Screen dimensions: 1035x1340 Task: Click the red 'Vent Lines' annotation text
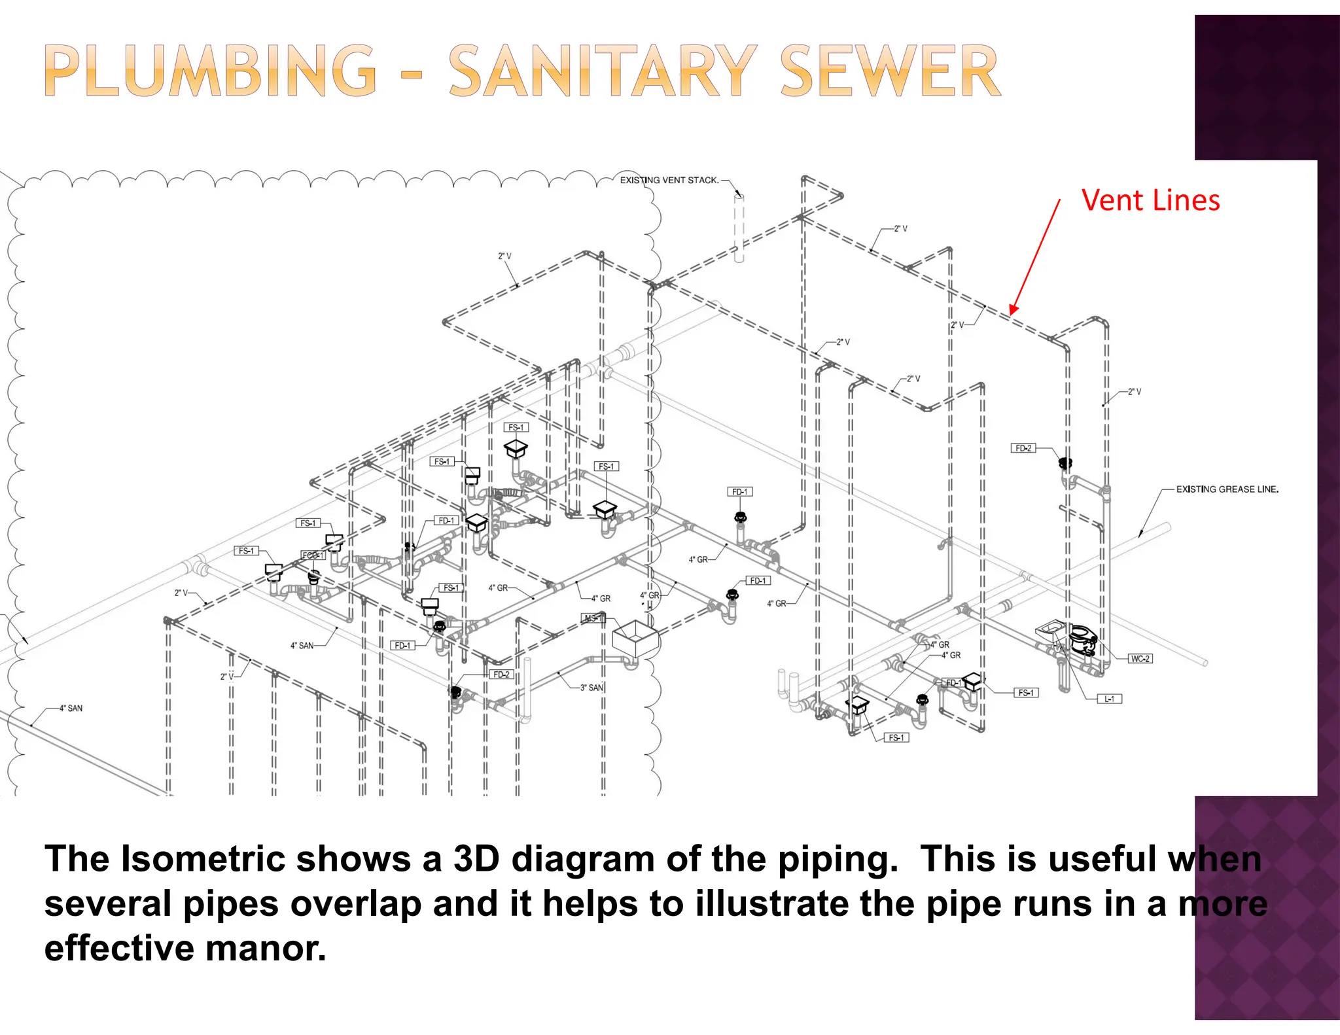click(1150, 200)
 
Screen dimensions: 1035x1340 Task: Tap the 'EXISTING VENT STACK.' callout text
click(669, 180)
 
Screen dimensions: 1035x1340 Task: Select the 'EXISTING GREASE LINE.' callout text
click(1227, 489)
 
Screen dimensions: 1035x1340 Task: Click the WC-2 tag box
click(1140, 658)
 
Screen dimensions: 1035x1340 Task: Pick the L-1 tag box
click(1109, 699)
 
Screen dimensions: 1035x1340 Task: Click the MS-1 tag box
click(593, 618)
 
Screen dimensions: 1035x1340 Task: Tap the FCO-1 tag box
click(313, 555)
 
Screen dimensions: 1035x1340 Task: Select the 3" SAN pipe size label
click(591, 688)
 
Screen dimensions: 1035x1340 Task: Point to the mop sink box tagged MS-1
click(634, 639)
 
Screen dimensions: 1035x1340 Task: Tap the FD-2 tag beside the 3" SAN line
click(501, 674)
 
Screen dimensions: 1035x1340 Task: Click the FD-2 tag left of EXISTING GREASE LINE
click(1023, 448)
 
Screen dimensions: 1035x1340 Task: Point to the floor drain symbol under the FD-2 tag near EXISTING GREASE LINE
click(1065, 464)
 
